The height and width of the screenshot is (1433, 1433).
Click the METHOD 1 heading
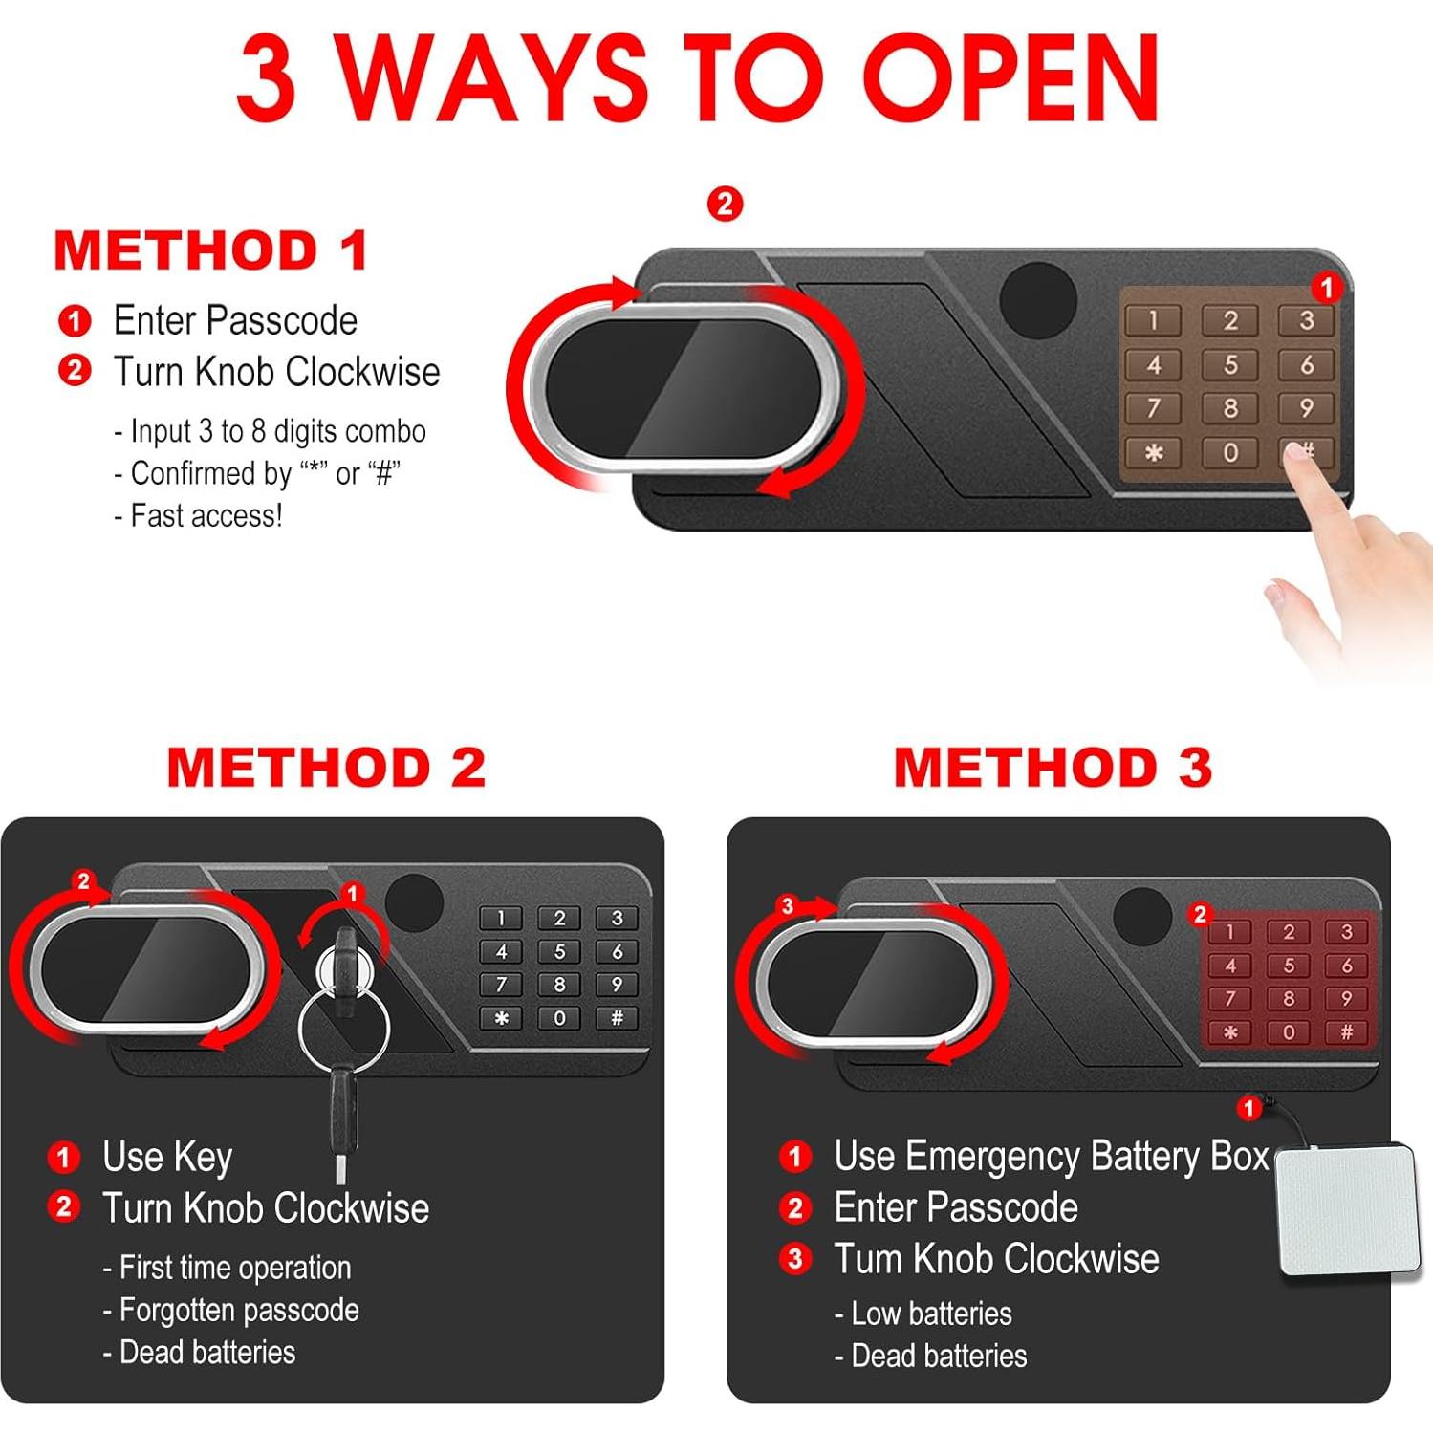coord(211,250)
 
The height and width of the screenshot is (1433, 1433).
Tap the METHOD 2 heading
coord(327,768)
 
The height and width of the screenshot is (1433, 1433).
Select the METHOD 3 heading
coord(1053,768)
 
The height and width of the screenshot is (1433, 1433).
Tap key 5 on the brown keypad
coord(1230,364)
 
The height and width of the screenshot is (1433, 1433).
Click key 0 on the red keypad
coord(1288,1032)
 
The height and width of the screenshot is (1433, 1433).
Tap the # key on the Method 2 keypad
coord(618,1018)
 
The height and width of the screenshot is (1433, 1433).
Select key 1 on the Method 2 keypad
coord(502,919)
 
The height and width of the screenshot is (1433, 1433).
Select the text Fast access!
coord(206,516)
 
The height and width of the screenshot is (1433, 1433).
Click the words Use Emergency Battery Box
coord(1052,1157)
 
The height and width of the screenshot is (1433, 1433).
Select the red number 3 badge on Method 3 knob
coord(787,905)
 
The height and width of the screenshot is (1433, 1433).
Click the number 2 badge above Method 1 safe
coord(725,204)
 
